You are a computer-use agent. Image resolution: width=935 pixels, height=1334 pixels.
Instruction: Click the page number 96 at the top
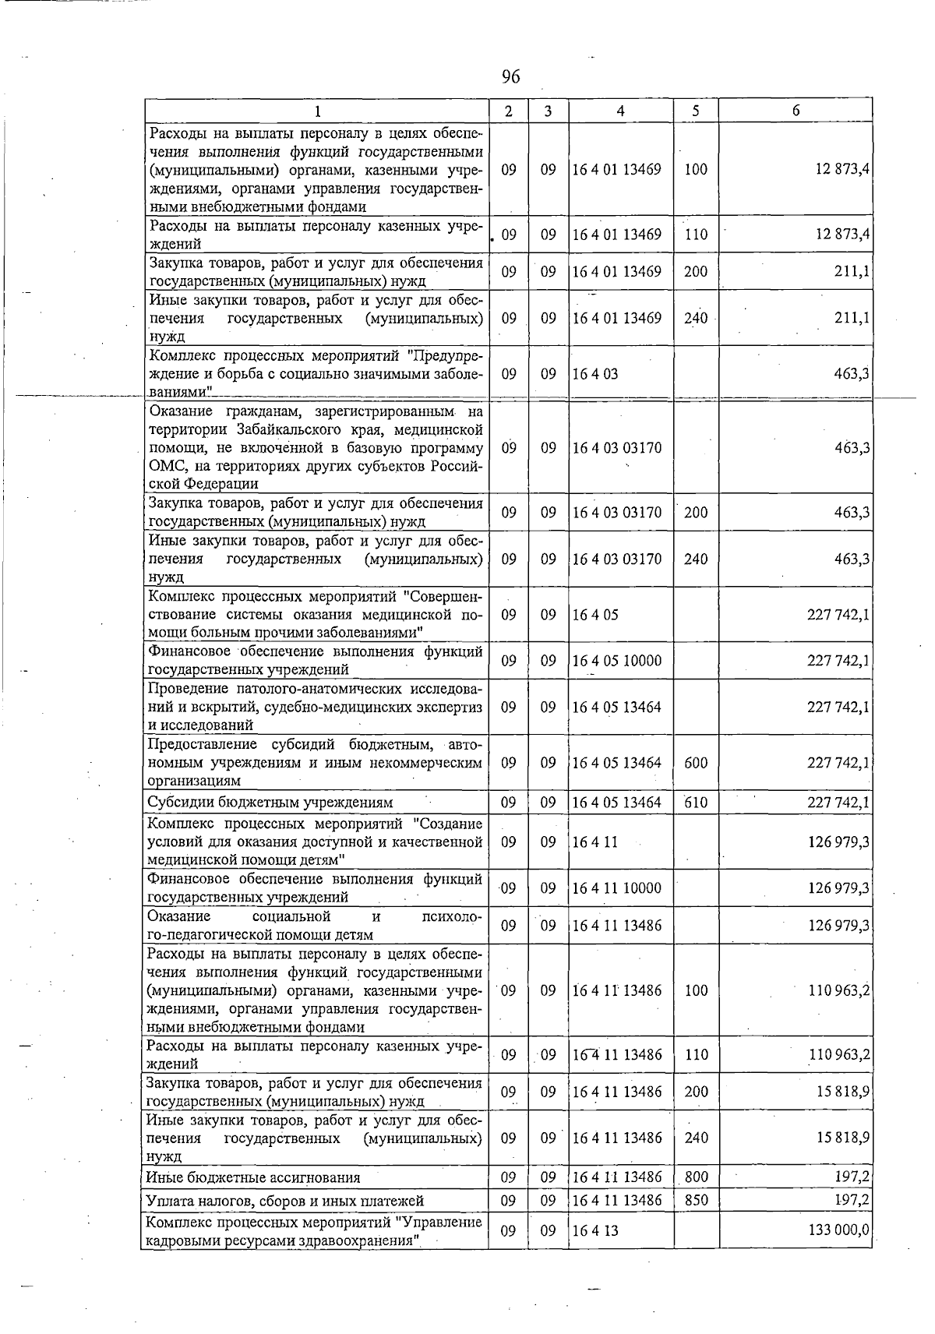(510, 76)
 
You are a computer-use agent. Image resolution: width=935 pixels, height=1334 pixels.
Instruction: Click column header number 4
(620, 111)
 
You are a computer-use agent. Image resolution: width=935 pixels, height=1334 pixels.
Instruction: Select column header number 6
(796, 111)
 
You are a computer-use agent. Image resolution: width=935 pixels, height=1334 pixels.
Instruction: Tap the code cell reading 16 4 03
(595, 374)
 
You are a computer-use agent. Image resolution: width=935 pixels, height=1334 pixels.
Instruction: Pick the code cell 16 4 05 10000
(616, 661)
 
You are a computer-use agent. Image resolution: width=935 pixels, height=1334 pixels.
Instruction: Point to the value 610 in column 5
(696, 803)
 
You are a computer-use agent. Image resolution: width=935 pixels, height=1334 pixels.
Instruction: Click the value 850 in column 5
(696, 1200)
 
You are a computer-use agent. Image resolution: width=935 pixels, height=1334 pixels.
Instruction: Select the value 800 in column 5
(696, 1177)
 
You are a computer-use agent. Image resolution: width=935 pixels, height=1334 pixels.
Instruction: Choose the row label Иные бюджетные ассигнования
(253, 1177)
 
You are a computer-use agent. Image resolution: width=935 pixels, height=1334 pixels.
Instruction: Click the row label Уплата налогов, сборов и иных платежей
(285, 1201)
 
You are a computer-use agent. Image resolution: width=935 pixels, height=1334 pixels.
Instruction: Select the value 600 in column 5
(696, 763)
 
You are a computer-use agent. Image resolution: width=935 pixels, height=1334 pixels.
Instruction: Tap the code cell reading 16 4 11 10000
(616, 888)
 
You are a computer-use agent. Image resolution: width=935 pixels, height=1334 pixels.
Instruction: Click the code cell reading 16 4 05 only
(595, 615)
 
